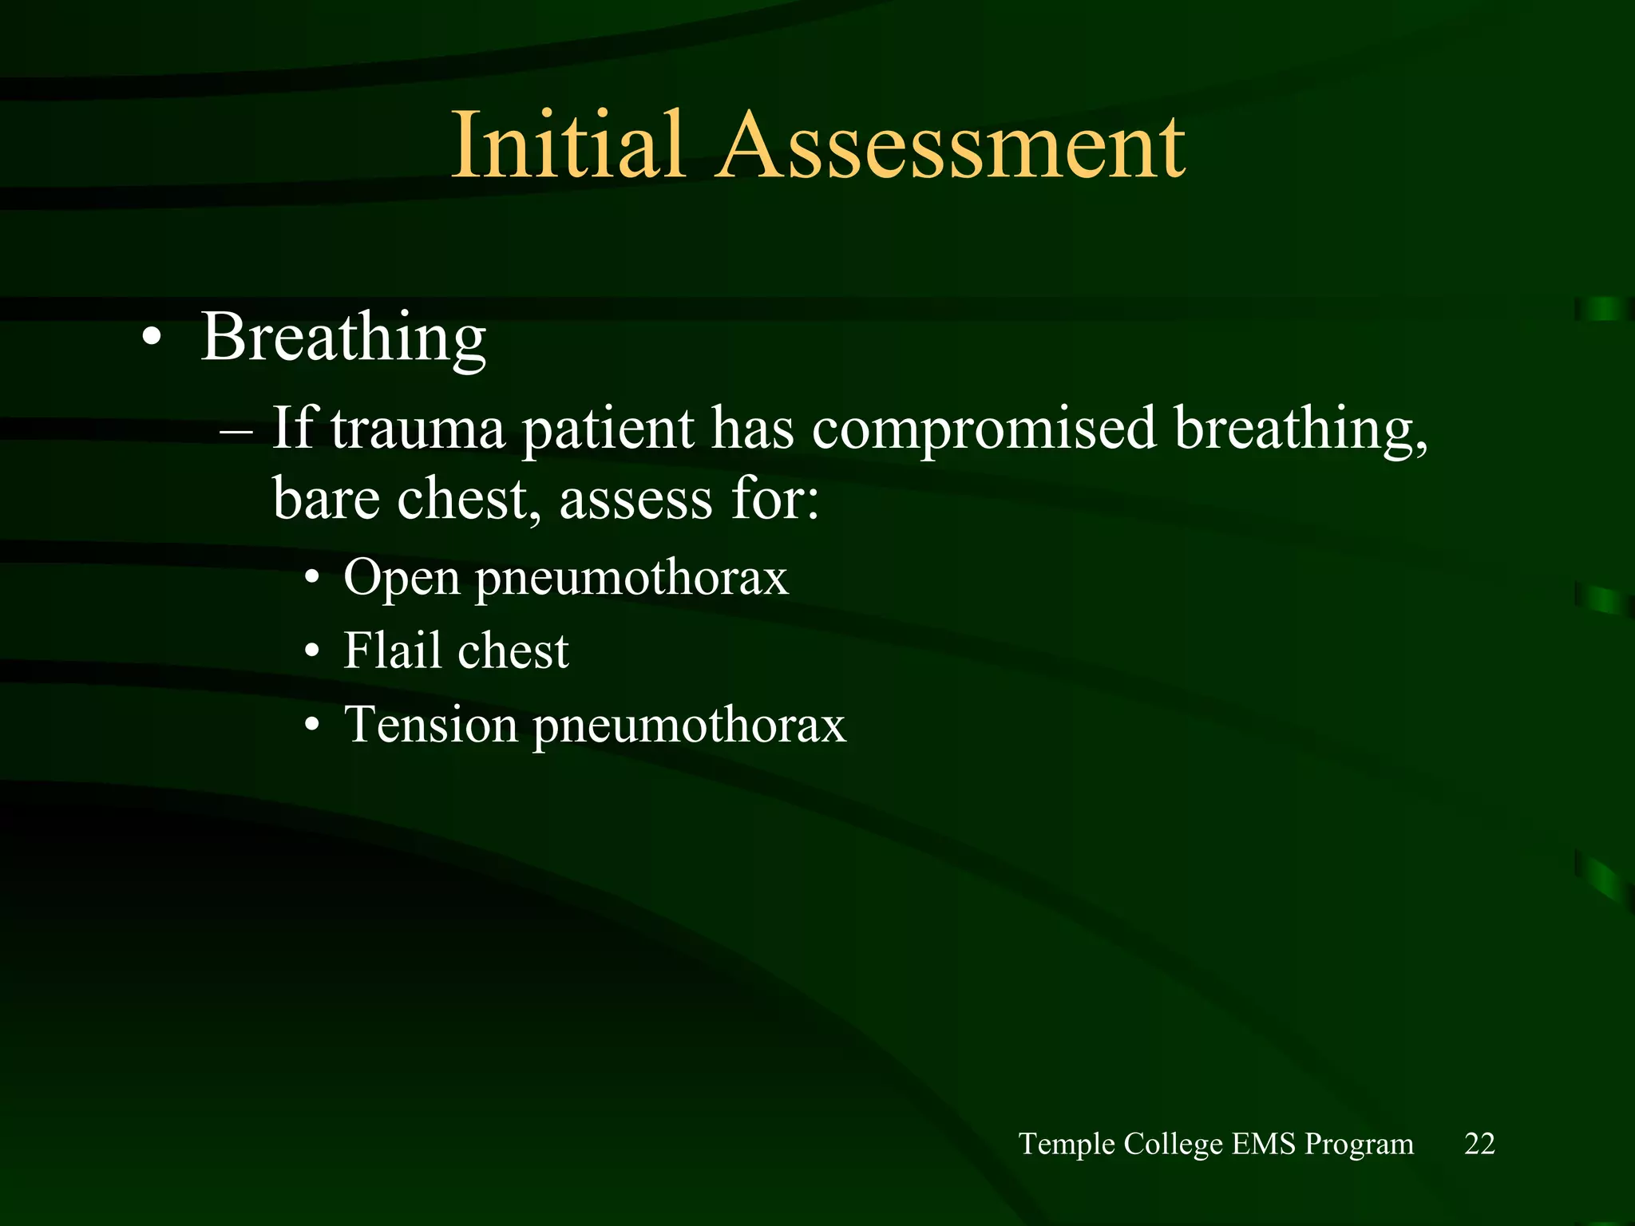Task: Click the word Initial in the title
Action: coord(568,146)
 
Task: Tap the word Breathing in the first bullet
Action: coord(343,337)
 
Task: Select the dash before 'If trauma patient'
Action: coord(236,432)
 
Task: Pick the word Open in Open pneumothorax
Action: coord(402,577)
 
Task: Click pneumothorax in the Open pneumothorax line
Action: coord(631,577)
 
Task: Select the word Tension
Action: coord(430,724)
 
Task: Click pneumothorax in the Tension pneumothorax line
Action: coord(689,726)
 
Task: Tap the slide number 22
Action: coord(1479,1144)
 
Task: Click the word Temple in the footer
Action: coord(1067,1144)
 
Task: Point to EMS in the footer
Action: coord(1263,1144)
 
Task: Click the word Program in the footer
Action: coord(1359,1144)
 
